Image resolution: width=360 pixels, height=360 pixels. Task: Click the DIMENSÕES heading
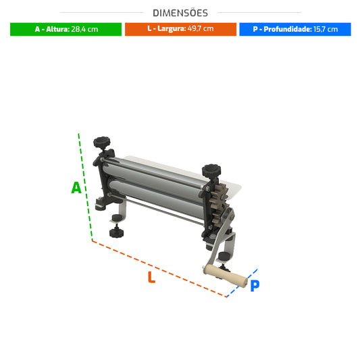coord(180,13)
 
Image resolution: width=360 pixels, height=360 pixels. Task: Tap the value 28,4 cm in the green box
coord(84,29)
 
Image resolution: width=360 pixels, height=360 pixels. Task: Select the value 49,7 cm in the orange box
coord(201,28)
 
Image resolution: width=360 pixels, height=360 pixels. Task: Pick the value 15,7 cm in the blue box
coord(326,29)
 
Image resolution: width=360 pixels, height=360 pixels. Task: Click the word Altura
coord(58,29)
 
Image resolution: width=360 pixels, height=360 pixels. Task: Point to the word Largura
coord(172,28)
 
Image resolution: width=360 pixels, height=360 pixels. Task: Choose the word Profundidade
coord(288,29)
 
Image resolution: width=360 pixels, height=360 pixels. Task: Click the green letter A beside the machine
coord(76,188)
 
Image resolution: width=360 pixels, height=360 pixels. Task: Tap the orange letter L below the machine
coord(151,277)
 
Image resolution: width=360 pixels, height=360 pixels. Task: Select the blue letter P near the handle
coord(255,286)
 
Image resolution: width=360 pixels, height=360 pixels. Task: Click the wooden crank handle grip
coord(226,276)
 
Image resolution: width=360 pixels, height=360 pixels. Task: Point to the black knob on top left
coord(102,143)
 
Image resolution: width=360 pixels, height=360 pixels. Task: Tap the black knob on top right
coord(211,170)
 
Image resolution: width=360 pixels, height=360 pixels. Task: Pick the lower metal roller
coord(156,197)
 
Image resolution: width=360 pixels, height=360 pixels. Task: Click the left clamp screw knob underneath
coord(116,232)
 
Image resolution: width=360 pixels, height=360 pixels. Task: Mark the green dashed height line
coord(85,187)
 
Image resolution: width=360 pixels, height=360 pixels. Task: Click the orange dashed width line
coord(159,269)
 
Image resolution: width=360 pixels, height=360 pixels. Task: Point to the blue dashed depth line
coord(242,283)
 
